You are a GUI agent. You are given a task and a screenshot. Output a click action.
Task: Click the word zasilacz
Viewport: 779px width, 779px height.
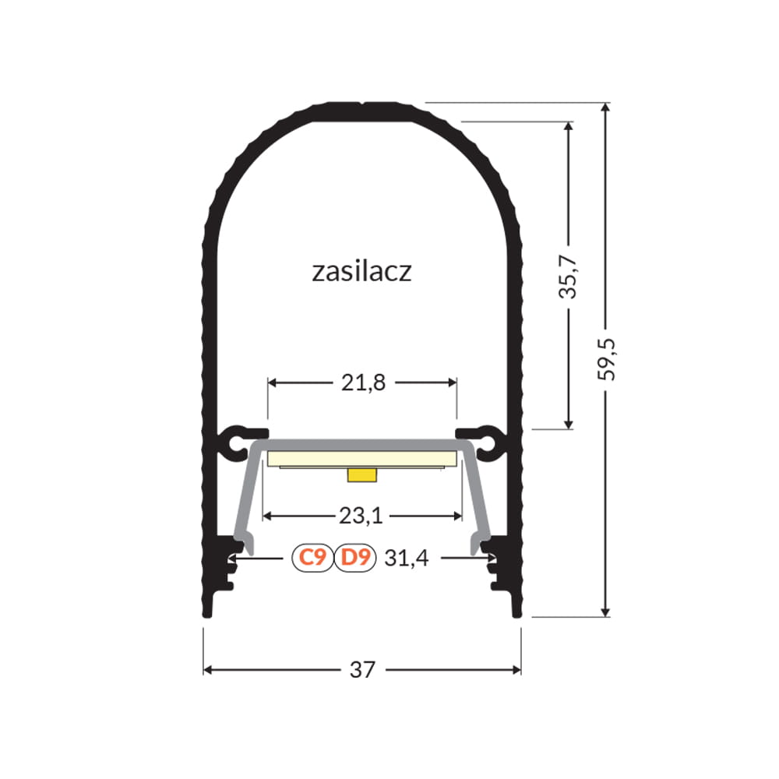[361, 272]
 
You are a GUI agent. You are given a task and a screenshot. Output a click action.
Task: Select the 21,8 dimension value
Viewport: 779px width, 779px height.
[363, 383]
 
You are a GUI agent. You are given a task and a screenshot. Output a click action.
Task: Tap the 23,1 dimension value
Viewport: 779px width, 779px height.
[361, 516]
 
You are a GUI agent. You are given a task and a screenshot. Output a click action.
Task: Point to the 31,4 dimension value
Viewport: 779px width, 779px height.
[407, 559]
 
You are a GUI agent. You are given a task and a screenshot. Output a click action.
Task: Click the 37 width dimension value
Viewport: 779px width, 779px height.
[362, 670]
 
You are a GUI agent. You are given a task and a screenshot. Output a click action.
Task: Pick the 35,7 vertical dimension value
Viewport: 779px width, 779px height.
[568, 277]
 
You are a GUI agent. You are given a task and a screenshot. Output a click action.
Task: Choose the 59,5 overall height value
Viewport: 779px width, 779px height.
[606, 359]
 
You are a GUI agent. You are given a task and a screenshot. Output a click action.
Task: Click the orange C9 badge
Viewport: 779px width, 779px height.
[312, 558]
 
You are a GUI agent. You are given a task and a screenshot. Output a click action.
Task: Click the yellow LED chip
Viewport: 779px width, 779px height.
[361, 475]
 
